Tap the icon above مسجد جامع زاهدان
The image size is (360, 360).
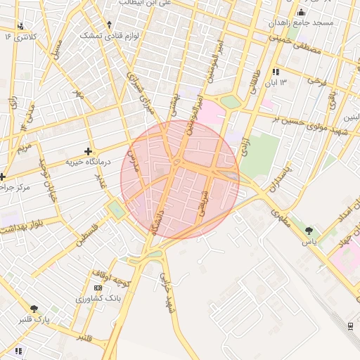tap(302, 12)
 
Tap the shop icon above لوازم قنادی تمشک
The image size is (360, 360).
tap(109, 22)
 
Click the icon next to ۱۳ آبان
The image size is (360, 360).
tap(276, 72)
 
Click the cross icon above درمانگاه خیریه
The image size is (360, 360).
tap(87, 150)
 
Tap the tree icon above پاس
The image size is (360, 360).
tap(309, 230)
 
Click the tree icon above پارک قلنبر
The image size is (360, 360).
tap(33, 308)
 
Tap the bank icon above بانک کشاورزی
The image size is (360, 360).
tap(98, 288)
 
